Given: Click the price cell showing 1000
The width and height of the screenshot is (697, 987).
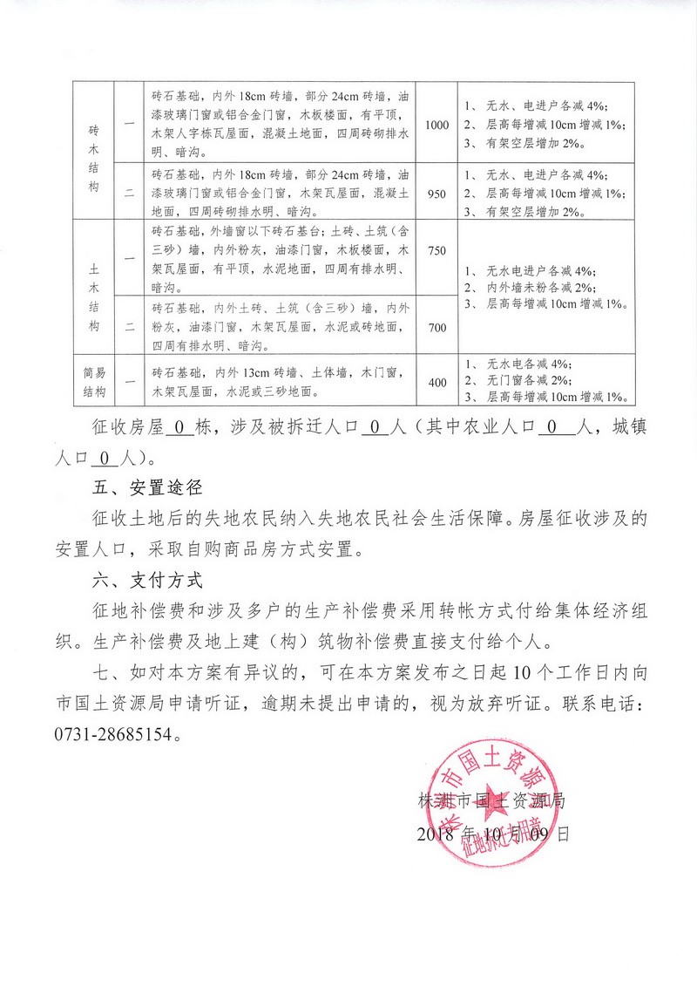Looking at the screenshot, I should coord(436,125).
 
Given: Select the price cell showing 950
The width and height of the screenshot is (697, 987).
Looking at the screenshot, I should coord(436,194).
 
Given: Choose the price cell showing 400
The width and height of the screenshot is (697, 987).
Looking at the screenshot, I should coord(436,382).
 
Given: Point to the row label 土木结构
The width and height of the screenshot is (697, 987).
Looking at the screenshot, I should coord(94,288).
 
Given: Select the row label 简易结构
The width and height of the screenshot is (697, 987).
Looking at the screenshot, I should coord(94,382).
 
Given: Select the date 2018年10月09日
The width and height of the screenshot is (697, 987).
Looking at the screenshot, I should coord(492,833).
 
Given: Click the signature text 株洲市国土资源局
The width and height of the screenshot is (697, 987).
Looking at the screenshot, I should coord(492,800).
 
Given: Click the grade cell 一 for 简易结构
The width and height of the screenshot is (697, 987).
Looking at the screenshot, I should coord(129,382).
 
